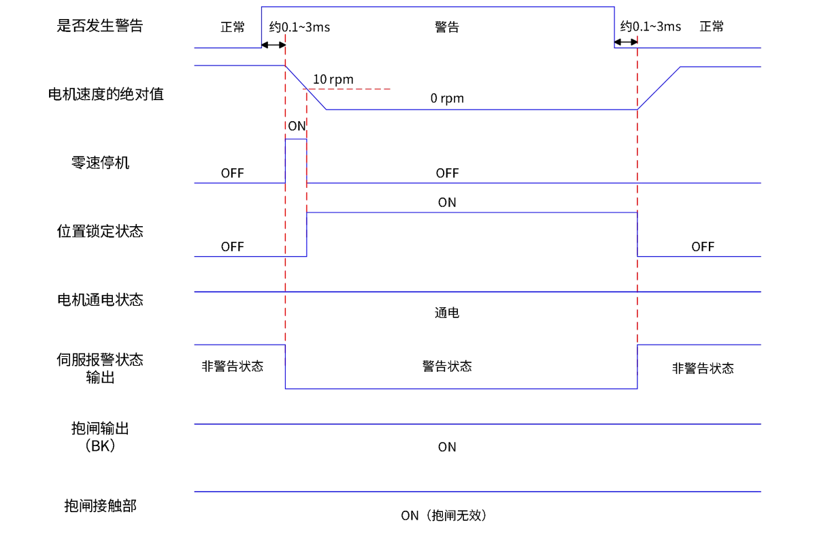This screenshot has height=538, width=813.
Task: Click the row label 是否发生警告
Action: pos(99,26)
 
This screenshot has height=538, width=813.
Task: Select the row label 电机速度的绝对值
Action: pos(105,94)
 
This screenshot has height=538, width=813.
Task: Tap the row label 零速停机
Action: pos(99,163)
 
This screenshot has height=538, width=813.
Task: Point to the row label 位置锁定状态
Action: pos(99,231)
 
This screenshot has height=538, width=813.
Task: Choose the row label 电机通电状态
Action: pos(99,300)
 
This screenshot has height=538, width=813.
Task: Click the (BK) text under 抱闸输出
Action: pos(100,446)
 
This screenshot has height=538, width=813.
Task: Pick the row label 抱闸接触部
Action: pos(99,505)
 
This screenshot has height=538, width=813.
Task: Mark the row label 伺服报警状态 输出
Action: pos(99,368)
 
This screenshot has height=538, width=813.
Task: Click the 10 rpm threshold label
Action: pos(333,80)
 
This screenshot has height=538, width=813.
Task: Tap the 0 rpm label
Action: pos(447,99)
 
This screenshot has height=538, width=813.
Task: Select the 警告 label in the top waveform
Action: pos(447,27)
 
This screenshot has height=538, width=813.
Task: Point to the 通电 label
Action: pos(447,313)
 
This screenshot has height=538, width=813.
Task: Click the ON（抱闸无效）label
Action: pos(444,516)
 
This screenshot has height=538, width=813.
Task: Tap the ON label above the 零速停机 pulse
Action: pos(297,126)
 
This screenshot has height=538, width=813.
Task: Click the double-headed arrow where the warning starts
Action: pos(273,45)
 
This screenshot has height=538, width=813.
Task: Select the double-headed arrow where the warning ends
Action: pos(626,43)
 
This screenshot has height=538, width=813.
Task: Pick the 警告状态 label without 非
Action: pos(447,366)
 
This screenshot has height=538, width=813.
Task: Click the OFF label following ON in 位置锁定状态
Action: pos(703,247)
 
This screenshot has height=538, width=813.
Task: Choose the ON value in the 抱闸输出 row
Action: pos(447,447)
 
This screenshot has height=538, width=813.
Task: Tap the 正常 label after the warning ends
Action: pos(712,27)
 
